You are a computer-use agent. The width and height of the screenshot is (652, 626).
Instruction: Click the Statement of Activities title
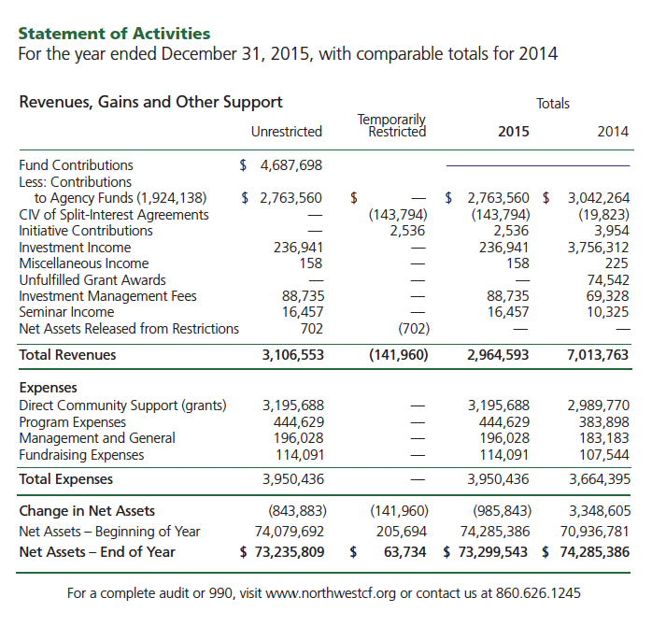(x=114, y=35)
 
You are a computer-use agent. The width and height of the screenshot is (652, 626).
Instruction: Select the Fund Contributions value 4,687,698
(x=291, y=165)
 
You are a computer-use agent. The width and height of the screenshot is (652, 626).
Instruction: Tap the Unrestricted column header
(x=287, y=132)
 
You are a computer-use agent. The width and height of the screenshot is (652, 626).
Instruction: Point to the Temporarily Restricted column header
(x=391, y=125)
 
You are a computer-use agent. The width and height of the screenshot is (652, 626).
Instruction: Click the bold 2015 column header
(x=513, y=132)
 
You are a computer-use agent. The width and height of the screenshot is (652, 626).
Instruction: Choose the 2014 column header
(x=612, y=132)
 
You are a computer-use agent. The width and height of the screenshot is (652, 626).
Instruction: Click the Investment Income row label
(x=75, y=248)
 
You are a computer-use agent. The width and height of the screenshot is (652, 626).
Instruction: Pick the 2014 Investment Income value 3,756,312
(x=598, y=248)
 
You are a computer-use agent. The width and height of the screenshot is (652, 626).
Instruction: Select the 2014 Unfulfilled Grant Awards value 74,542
(x=607, y=279)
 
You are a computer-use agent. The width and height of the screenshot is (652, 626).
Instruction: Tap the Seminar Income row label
(x=66, y=312)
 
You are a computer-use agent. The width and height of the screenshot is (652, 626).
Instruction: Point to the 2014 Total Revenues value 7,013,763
(x=598, y=355)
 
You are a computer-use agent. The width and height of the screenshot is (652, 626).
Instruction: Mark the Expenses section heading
(x=48, y=388)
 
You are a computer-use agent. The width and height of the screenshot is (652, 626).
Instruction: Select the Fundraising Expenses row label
(x=81, y=455)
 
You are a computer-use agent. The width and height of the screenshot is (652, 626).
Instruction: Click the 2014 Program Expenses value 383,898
(x=603, y=421)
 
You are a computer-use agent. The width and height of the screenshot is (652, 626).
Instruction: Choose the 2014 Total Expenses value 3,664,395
(x=598, y=479)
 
